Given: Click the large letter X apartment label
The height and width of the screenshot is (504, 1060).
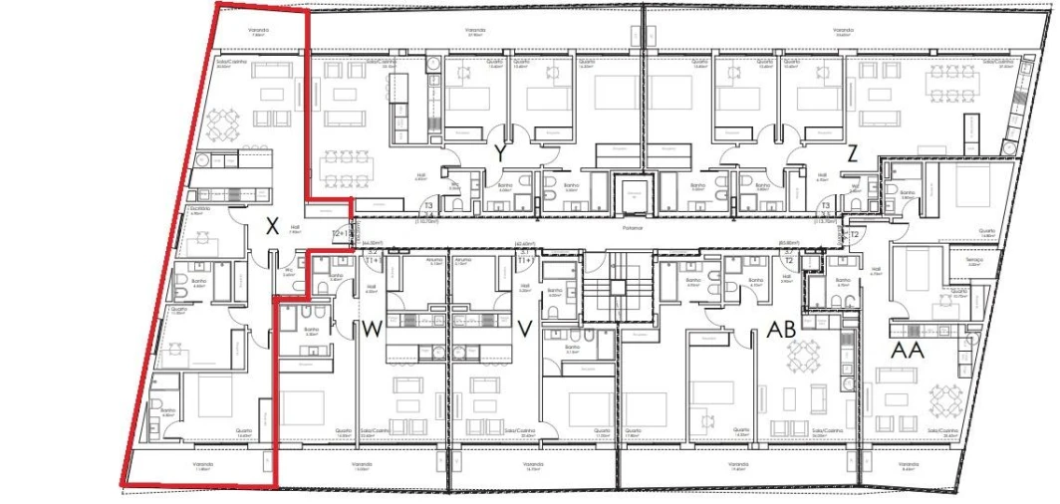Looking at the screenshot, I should (x=271, y=227).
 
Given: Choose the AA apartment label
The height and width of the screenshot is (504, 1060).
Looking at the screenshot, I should (x=907, y=349).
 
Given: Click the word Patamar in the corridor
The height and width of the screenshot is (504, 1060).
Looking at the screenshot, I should (x=632, y=228).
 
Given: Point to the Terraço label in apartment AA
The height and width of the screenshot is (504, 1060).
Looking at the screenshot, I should (x=973, y=260).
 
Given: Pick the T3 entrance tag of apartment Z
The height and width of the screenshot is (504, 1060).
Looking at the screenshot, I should (x=826, y=203).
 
